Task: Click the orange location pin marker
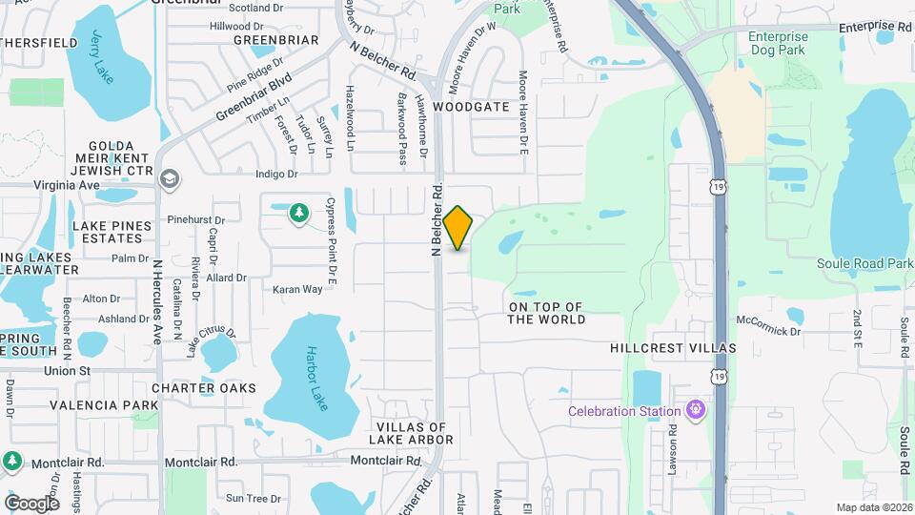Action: (458, 227)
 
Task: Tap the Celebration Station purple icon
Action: (698, 411)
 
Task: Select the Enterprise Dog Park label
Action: (771, 44)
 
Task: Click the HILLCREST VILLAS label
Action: (673, 349)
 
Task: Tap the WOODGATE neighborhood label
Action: (471, 107)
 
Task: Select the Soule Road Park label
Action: (864, 263)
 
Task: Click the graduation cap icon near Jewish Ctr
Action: (169, 178)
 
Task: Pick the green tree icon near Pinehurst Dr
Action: (299, 211)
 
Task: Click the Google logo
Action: (31, 503)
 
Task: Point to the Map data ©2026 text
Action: (873, 507)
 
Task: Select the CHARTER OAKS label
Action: (204, 388)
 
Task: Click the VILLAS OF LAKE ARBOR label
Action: (411, 433)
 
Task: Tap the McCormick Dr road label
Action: (768, 330)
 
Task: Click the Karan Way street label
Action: (297, 289)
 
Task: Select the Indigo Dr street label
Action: (277, 175)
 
